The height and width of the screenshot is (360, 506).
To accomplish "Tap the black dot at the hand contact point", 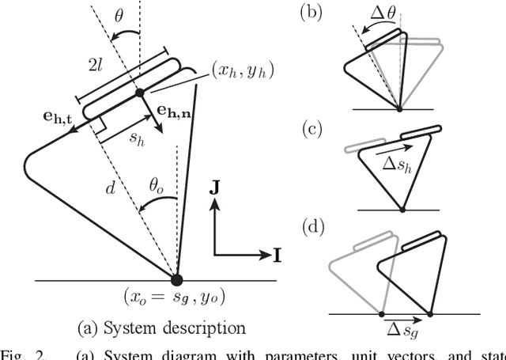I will click(x=139, y=93).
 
